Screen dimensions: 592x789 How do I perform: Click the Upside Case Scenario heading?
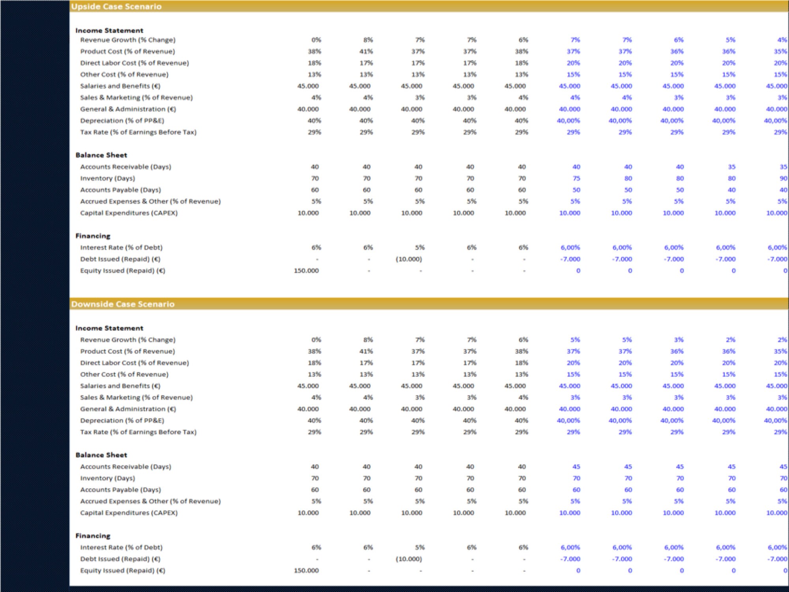coord(116,7)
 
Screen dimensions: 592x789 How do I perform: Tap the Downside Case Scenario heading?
coord(123,304)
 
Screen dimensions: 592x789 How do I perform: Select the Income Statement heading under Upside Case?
coord(109,30)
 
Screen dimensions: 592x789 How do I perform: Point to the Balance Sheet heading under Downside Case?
coord(101,455)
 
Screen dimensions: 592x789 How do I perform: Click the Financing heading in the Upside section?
coord(93,236)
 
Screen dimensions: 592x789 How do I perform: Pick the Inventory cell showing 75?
coord(576,178)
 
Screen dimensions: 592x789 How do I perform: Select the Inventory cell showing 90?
coord(783,178)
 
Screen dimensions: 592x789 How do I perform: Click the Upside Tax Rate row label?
coord(138,132)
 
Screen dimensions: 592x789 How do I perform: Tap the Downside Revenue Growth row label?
coord(128,340)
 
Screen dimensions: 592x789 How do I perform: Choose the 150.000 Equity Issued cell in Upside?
coord(306,271)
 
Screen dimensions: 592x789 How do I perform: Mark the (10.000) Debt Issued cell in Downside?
coord(409,559)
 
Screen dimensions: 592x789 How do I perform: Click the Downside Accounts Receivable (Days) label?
coord(125,467)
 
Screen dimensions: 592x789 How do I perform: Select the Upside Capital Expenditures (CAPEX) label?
coord(129,213)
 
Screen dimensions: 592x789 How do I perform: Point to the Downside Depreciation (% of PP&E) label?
coord(122,421)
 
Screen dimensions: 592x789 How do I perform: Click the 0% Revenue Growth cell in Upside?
coord(316,40)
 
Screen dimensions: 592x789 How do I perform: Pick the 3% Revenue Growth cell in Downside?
coord(679,340)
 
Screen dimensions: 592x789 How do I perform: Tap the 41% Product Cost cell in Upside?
coord(366,51)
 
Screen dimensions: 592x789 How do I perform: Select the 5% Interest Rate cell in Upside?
coord(420,247)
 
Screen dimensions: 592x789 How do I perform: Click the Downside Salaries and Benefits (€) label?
coord(120,386)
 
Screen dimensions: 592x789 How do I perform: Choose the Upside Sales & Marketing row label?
coord(136,97)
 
